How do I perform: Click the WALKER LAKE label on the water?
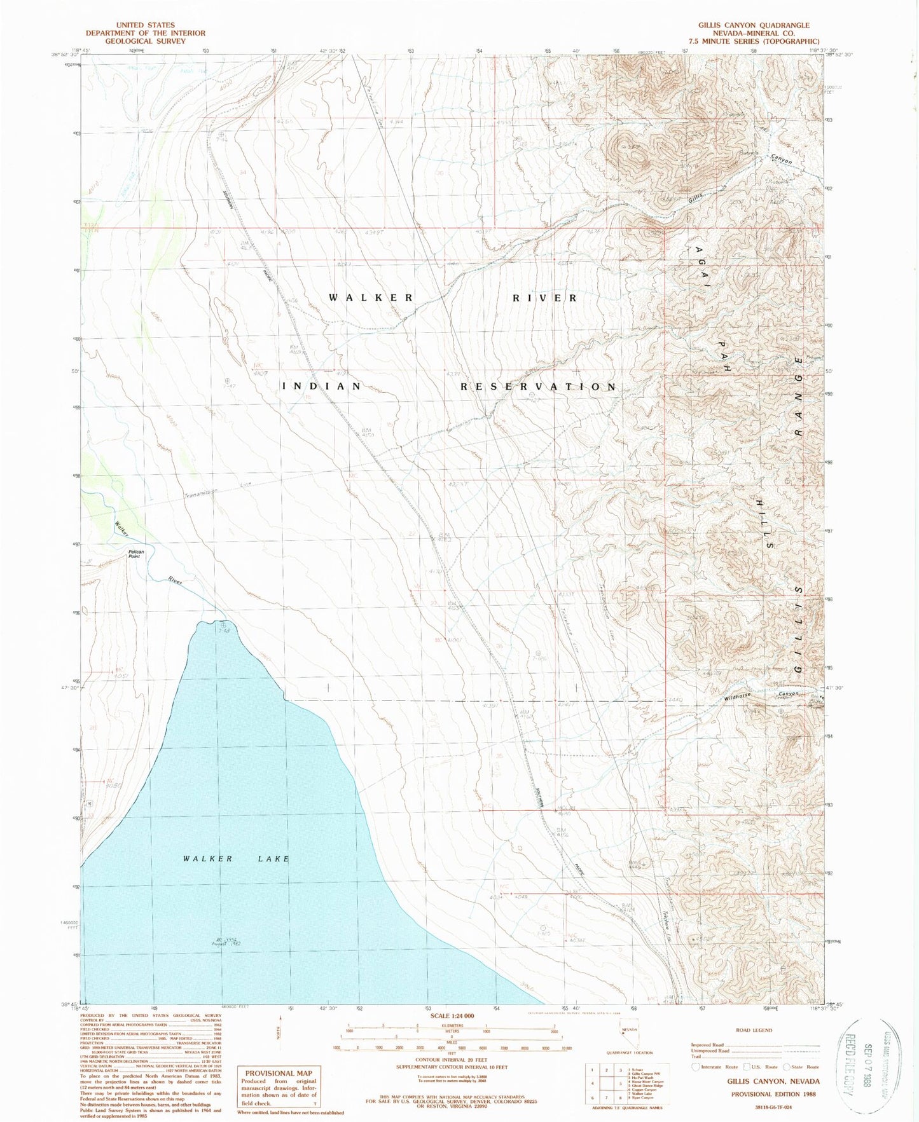click(236, 859)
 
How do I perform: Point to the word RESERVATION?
click(538, 387)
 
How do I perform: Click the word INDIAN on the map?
click(322, 386)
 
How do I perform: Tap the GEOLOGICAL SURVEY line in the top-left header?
click(146, 41)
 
